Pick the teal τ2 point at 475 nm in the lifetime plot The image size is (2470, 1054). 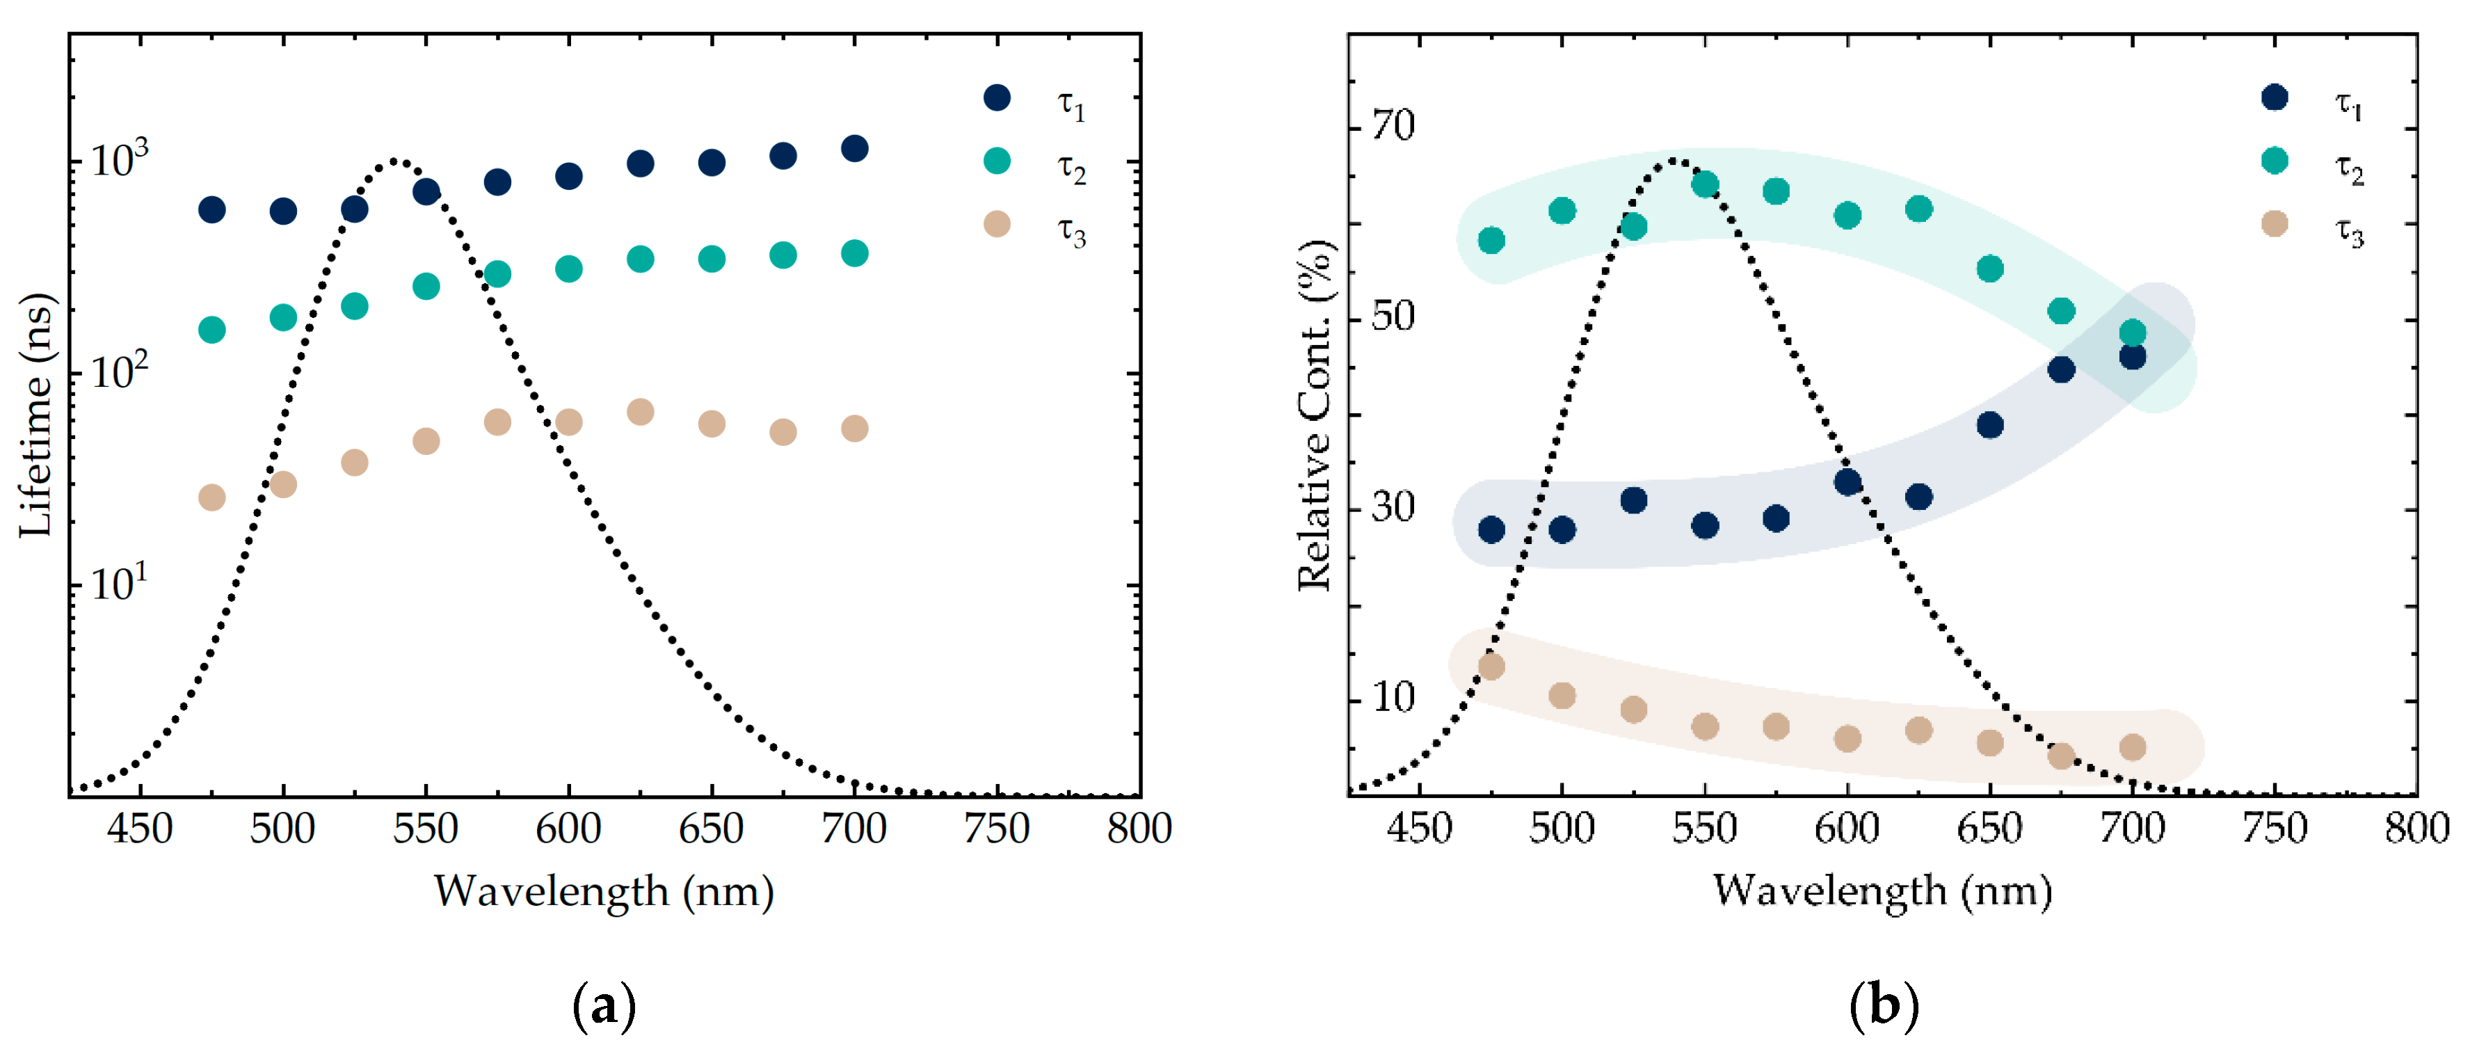[x=212, y=330]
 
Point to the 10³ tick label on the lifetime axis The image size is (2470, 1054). [x=119, y=159]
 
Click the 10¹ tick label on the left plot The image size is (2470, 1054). [x=119, y=582]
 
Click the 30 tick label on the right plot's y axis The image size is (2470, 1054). [x=1393, y=506]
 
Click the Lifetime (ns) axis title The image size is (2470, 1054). [x=36, y=415]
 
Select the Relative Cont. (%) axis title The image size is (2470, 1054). [x=1315, y=415]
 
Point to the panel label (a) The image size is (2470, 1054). [x=603, y=1006]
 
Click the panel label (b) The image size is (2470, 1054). [x=1882, y=1006]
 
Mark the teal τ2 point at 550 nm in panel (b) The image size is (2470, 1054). [x=1704, y=184]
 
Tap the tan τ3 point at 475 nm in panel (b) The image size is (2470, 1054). [x=1491, y=666]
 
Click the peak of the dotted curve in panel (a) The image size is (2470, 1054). [x=396, y=161]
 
